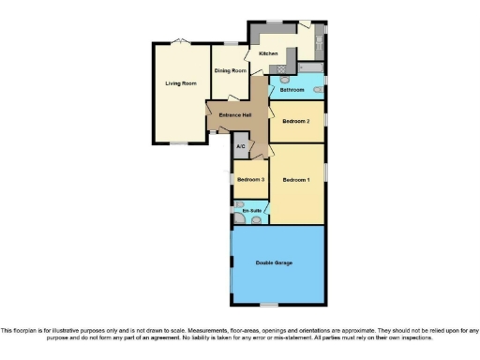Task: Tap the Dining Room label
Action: point(230,71)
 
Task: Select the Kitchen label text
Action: point(269,53)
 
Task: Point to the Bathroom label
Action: point(291,90)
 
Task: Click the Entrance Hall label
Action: point(234,115)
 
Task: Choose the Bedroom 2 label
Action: point(296,122)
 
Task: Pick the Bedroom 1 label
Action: point(296,179)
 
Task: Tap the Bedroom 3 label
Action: point(250,179)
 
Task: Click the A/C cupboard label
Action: point(241,147)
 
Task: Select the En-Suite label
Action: point(251,212)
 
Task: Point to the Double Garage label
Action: point(274,262)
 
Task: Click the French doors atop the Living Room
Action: point(180,40)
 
